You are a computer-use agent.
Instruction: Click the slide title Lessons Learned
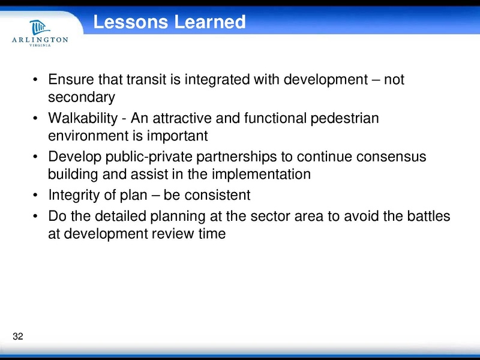[x=170, y=22]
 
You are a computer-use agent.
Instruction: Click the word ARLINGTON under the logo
[x=40, y=40]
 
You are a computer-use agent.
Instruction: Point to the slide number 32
[x=17, y=336]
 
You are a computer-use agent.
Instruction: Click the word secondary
[x=81, y=97]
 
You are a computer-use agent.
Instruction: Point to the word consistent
[x=220, y=196]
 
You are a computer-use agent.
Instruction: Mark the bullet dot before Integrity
[x=37, y=196]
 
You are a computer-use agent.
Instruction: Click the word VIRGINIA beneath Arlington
[x=40, y=47]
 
